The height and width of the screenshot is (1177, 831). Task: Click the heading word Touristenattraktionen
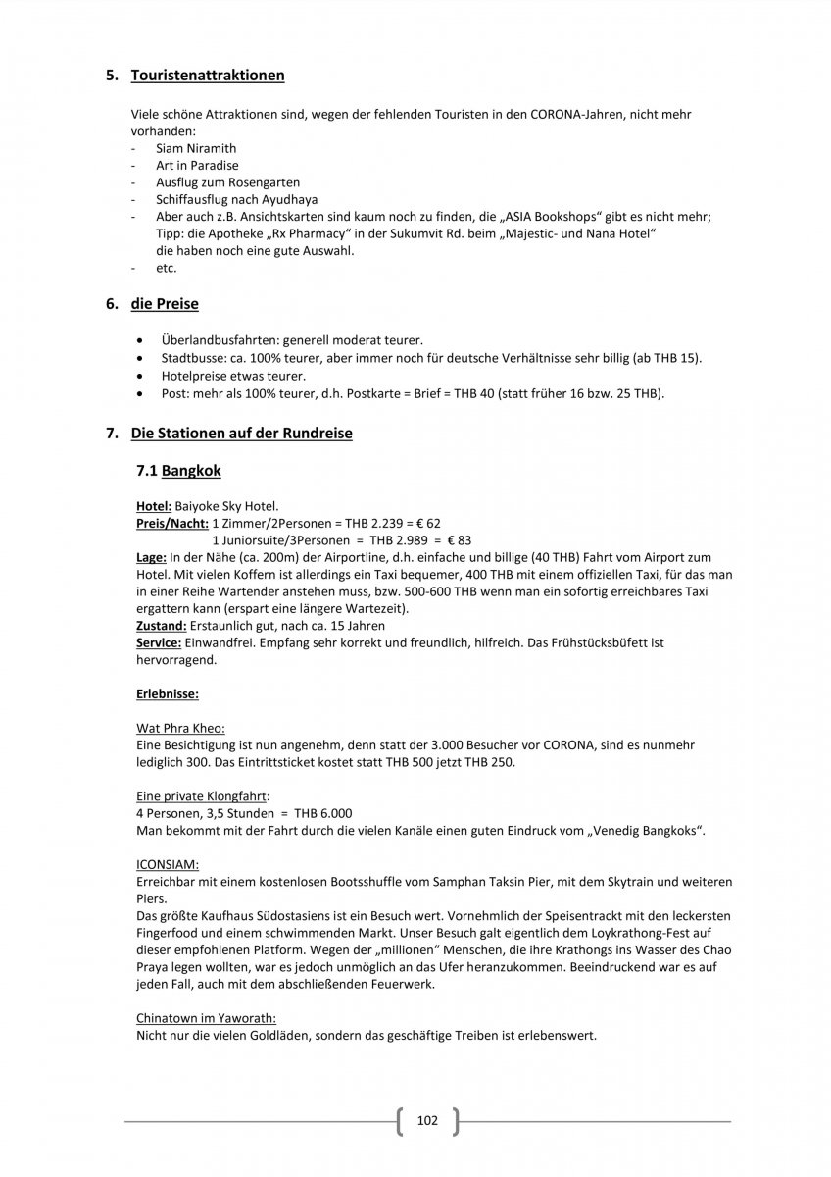point(208,75)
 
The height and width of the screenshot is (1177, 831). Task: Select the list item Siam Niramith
point(190,148)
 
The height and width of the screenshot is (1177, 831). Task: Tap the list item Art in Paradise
point(197,166)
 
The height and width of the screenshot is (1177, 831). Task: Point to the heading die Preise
point(165,304)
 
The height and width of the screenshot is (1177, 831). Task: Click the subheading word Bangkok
point(191,471)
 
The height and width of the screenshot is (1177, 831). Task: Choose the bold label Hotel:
point(154,506)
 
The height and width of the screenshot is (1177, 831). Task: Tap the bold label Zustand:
point(160,626)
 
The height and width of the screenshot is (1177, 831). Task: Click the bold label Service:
point(158,643)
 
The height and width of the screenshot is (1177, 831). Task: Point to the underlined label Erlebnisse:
point(168,694)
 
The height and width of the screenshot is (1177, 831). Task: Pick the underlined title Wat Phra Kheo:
point(180,729)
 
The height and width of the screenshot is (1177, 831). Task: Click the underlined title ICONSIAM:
point(168,865)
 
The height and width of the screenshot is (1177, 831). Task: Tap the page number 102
point(427,1120)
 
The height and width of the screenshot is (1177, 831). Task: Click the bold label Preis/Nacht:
point(171,523)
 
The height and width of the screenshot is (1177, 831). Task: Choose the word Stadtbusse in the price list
point(192,358)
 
